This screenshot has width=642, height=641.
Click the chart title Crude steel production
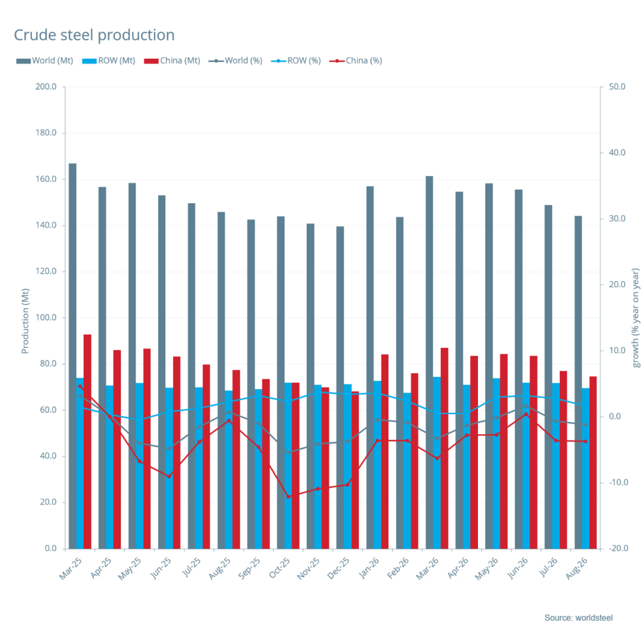coord(94,35)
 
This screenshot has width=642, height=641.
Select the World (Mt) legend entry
coord(45,61)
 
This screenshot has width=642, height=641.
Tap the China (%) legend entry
coord(356,61)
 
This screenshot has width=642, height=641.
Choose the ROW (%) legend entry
coord(296,61)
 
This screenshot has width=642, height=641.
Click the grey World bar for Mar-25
coord(73,356)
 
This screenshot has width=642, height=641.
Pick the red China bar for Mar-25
coord(87,442)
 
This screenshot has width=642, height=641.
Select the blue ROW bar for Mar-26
coord(437,463)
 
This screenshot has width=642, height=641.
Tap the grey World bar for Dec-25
coord(340,388)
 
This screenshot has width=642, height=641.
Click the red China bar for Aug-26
coord(593,463)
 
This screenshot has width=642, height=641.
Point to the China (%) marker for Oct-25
coord(288,497)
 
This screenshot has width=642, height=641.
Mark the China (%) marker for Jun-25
coord(169,476)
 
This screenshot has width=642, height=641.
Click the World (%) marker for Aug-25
coord(228,412)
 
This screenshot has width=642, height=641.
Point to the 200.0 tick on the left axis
coord(46,87)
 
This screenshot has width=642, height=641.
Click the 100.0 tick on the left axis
coord(46,318)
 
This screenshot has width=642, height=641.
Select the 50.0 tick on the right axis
coord(617,87)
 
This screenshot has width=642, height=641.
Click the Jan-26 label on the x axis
coord(369,568)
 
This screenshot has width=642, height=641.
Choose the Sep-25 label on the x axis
coord(249,568)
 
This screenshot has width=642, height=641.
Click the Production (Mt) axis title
coord(26,321)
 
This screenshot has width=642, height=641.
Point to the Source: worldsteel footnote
coord(578,618)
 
